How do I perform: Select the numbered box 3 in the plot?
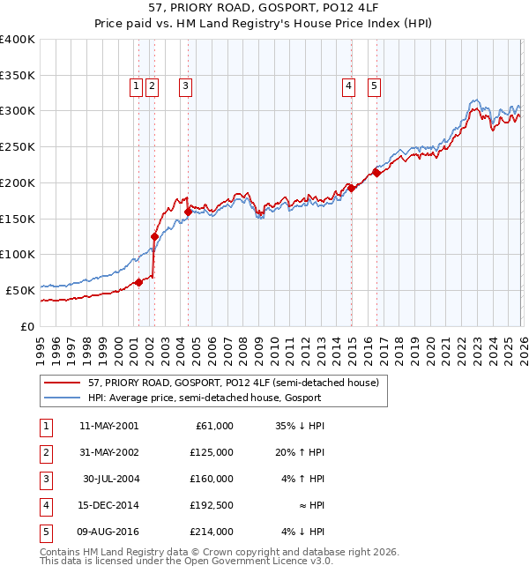coord(186,86)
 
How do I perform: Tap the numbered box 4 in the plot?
coord(349,86)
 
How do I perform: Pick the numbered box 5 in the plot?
coord(375,86)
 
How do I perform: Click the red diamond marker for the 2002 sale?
coord(154,236)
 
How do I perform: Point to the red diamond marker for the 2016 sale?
coord(376,173)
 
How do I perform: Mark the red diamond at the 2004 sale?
coord(188,211)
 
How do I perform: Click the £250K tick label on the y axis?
coord(18,146)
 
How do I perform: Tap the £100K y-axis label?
coord(18,254)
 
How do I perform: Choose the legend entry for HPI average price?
coord(205,398)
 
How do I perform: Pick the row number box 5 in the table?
coord(46,532)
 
